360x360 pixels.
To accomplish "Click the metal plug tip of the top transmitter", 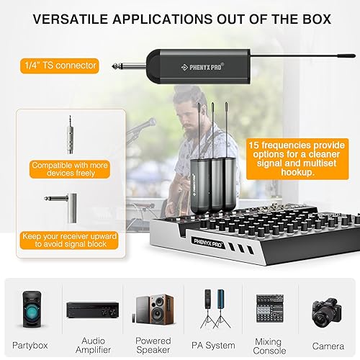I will click(x=117, y=66).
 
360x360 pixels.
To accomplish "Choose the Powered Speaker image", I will click(x=153, y=310).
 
